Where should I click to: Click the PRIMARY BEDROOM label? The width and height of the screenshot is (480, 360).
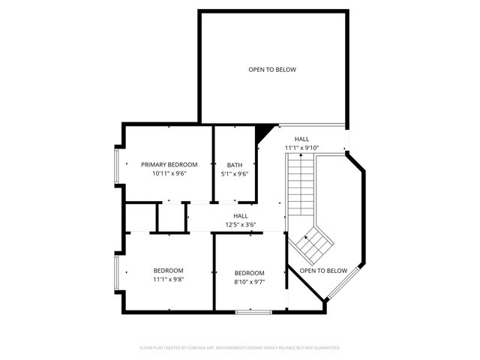(x=169, y=164)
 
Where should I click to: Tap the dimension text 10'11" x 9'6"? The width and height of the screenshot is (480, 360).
(x=169, y=173)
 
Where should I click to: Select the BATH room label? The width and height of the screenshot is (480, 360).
(x=234, y=164)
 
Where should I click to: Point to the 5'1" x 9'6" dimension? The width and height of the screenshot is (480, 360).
(x=234, y=173)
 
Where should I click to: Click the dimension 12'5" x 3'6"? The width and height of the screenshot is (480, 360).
(x=241, y=224)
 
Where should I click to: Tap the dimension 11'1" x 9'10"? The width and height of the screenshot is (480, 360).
(x=301, y=148)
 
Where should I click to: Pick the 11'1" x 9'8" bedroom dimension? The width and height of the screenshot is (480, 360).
(x=169, y=280)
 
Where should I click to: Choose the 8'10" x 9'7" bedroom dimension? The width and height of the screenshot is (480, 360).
(x=249, y=282)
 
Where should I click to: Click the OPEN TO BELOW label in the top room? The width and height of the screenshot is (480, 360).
(x=272, y=70)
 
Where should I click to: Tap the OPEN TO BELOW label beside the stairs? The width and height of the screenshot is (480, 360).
(x=323, y=270)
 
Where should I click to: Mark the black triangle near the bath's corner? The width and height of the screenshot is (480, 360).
(x=263, y=133)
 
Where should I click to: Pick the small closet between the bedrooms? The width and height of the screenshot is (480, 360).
(x=171, y=217)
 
